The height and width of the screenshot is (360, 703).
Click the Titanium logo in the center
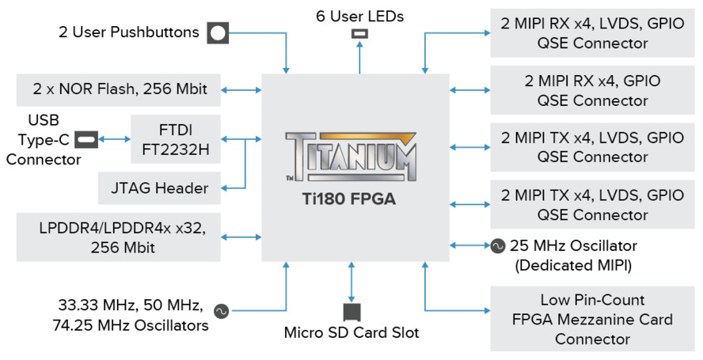(x=351, y=157)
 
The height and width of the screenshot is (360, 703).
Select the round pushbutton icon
(x=218, y=33)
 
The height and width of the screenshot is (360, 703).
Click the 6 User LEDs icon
(x=360, y=34)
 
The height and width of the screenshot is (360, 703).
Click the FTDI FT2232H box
(x=176, y=138)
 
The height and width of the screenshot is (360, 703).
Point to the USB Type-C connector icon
(x=87, y=139)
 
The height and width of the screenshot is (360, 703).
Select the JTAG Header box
(x=159, y=188)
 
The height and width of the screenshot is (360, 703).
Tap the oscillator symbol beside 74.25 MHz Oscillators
(x=221, y=313)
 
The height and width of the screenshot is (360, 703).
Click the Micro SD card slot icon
(x=351, y=311)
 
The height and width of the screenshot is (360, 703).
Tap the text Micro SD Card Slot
(x=351, y=332)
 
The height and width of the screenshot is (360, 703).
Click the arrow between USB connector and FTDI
(x=114, y=139)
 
